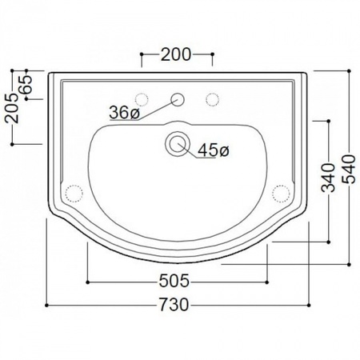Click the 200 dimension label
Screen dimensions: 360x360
click(176, 54)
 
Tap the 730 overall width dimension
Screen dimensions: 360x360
click(174, 305)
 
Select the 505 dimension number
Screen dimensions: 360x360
click(174, 281)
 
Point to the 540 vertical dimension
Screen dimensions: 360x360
click(349, 169)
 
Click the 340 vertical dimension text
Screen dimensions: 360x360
click(328, 178)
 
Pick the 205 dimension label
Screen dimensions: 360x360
click(12, 108)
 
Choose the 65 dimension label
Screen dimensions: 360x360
click(26, 84)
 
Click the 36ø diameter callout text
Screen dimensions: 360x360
click(125, 112)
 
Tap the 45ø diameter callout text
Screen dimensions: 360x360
click(214, 150)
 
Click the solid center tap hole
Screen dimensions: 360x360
click(178, 99)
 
